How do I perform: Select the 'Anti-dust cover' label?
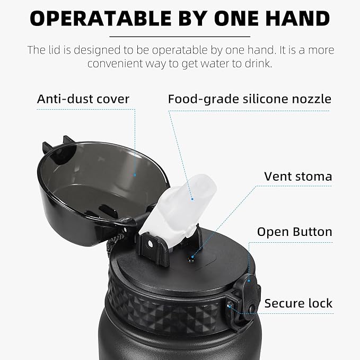pyautogui.click(x=83, y=99)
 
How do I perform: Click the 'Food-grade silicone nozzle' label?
pyautogui.click(x=250, y=99)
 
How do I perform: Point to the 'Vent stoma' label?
pyautogui.click(x=298, y=177)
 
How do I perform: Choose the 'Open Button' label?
pyautogui.click(x=295, y=232)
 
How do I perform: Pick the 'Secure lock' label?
pyautogui.click(x=298, y=303)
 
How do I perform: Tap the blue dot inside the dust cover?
pyautogui.click(x=135, y=175)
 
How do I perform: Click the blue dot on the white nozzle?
pyautogui.click(x=192, y=199)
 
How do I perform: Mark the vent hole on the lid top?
pyautogui.click(x=191, y=260)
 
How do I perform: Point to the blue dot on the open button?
pyautogui.click(x=249, y=280)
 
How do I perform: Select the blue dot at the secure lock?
pyautogui.click(x=229, y=306)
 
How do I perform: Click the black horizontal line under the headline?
pyautogui.click(x=180, y=37)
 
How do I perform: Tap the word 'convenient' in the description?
pyautogui.click(x=115, y=64)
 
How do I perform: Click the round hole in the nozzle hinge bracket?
pyautogui.click(x=150, y=244)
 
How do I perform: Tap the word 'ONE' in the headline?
pyautogui.click(x=236, y=19)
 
